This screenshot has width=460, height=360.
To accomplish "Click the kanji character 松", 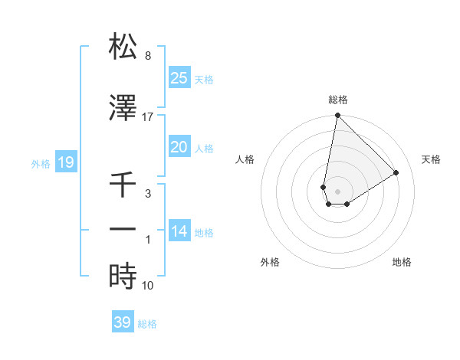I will [123, 47].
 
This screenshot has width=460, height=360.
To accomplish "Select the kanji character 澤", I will [123, 109].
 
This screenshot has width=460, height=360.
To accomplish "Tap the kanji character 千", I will [123, 185].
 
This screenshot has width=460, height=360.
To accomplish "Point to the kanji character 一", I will [123, 229].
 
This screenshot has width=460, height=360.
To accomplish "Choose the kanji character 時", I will [123, 276].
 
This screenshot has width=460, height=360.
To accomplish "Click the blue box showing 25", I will [179, 77].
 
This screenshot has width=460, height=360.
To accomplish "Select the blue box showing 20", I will [179, 148].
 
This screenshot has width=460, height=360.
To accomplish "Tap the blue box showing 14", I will [179, 231].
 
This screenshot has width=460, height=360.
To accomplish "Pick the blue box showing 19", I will [65, 162].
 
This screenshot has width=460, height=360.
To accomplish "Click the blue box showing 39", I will [123, 322].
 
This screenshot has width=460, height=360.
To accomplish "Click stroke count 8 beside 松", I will [147, 56].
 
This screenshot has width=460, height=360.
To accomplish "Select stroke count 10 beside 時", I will [147, 286].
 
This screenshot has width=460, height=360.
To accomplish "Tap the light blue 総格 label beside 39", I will [148, 324].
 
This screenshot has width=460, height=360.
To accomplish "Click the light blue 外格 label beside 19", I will [41, 163].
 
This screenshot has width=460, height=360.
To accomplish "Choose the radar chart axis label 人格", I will [245, 159].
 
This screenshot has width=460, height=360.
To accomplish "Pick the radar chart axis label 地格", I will [402, 262].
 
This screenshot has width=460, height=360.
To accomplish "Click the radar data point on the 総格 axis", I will [337, 116].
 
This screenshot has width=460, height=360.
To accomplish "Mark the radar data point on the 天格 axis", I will [396, 173].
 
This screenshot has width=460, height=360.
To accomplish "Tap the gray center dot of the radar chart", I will [337, 191].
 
